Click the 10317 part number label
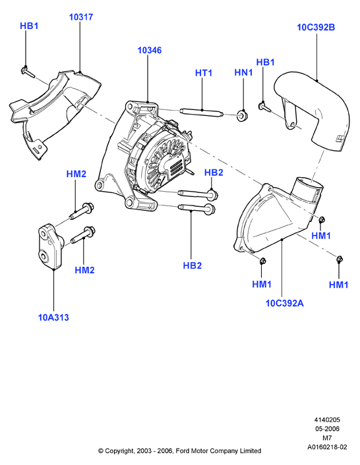81,17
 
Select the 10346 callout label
150,51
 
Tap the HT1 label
204,73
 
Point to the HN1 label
243,72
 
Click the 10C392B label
316,27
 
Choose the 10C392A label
285,304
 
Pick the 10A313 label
53,317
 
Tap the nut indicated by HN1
242,115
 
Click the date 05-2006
327,429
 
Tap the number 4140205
327,420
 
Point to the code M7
327,438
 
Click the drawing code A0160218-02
327,447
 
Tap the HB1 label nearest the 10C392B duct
265,63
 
